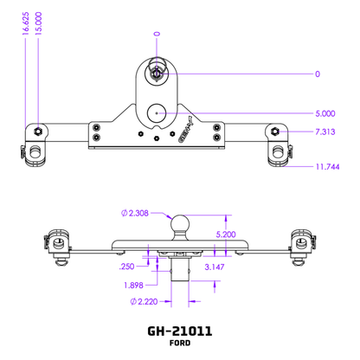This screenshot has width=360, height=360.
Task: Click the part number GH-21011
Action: coord(180,331)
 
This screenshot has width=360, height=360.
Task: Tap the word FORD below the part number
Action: coord(180,344)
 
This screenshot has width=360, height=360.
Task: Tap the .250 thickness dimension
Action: coord(125,268)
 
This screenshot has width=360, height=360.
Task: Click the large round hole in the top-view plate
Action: coord(157,112)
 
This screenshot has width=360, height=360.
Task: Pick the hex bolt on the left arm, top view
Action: coord(40,131)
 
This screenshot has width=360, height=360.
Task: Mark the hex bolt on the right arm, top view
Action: coord(273,132)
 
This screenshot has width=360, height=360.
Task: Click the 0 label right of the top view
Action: coord(318,74)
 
